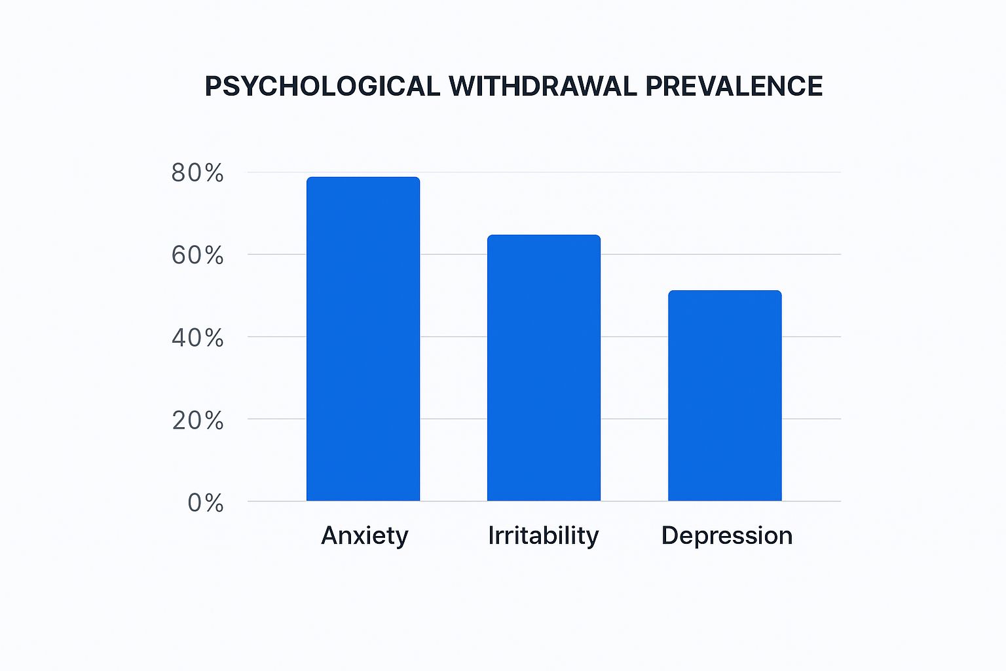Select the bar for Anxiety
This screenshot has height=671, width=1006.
[x=363, y=339]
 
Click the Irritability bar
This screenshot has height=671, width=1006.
[x=544, y=368]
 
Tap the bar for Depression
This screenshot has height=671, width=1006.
[x=724, y=396]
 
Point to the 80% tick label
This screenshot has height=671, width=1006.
[x=197, y=173]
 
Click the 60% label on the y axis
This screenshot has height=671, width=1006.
[x=197, y=256]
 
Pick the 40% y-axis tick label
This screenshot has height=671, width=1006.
[x=197, y=338]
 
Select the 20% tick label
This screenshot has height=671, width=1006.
[x=198, y=421]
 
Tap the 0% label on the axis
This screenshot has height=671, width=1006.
[x=206, y=503]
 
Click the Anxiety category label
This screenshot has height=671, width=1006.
[x=365, y=536]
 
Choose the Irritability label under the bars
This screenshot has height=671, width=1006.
[x=544, y=536]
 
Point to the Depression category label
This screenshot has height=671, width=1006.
[x=727, y=536]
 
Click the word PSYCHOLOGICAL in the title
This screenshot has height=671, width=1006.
[x=322, y=86]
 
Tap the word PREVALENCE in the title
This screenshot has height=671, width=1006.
[x=734, y=86]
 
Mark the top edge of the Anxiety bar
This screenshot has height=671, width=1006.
[x=363, y=178]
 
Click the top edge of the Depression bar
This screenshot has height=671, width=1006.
[x=724, y=291]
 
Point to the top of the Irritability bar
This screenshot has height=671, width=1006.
[x=544, y=235]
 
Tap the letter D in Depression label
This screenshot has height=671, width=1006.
[x=669, y=535]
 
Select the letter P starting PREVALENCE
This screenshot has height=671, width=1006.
[x=654, y=86]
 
